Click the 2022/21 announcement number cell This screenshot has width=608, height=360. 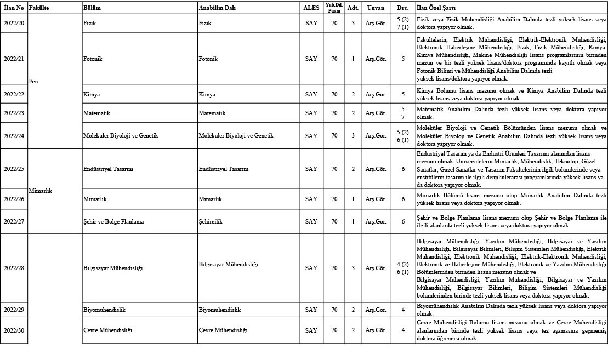point(14,59)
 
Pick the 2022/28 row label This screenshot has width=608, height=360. point(14,268)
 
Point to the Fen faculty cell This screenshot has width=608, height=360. point(33,81)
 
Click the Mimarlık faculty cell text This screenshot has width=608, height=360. point(40,191)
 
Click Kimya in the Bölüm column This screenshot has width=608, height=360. point(91,94)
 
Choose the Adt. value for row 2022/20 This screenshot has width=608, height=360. point(353,24)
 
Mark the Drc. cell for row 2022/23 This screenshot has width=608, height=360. point(403,113)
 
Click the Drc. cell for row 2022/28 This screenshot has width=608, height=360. point(403,268)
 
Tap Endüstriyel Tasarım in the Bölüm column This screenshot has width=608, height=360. point(108,169)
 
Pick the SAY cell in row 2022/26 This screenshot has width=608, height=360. point(311,199)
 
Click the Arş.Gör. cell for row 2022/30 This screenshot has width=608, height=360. point(376,330)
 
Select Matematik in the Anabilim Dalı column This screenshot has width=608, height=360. point(212,113)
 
